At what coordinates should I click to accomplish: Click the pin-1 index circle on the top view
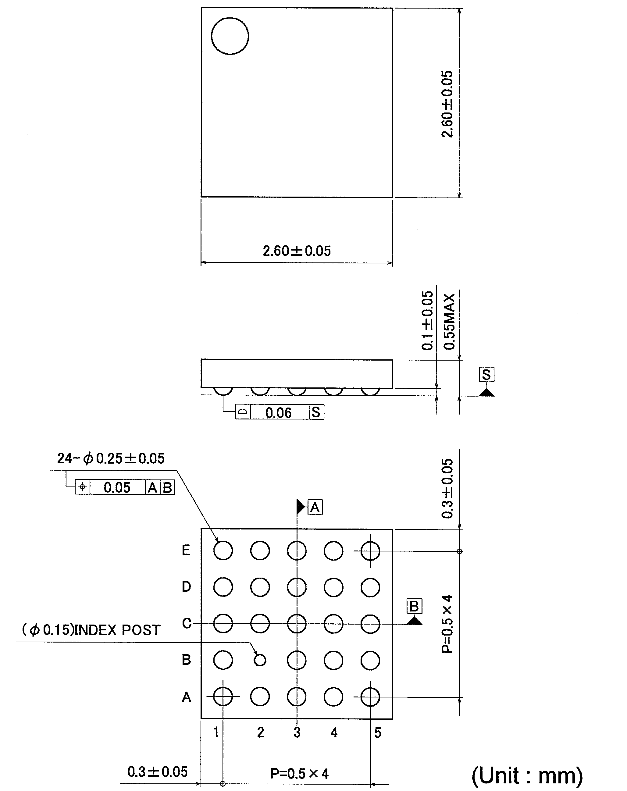pos(230,36)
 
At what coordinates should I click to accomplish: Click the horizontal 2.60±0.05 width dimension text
pos(297,251)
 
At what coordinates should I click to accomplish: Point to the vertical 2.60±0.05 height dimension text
pos(447,104)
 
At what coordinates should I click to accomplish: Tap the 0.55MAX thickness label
pos(449,321)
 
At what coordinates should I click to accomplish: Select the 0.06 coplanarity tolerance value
pos(279,413)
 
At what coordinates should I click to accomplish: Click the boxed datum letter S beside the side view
pos(486,375)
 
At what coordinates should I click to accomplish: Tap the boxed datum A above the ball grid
pos(315,508)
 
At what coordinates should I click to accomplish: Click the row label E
pos(186,550)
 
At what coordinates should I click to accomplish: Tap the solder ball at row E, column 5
pos(370,551)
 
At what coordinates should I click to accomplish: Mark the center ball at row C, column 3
pos(297,624)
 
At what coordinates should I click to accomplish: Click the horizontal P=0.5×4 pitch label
pos(299,773)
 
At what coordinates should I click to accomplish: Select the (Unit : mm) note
pos(527,775)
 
